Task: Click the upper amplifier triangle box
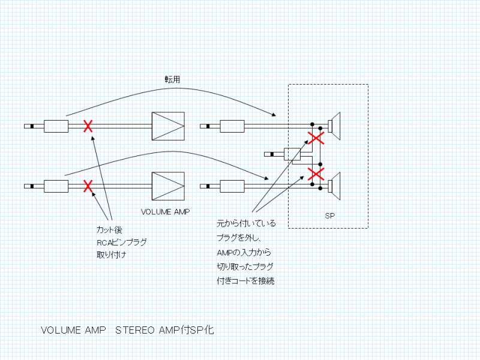click(x=168, y=126)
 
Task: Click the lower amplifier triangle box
click(x=168, y=186)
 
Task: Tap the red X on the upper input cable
click(x=88, y=126)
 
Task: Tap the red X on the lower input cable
click(x=88, y=186)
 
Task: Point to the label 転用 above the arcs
click(x=173, y=79)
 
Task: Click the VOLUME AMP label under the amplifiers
click(x=164, y=212)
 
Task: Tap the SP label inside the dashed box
click(x=329, y=215)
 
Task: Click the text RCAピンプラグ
click(x=122, y=242)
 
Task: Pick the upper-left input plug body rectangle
click(x=56, y=126)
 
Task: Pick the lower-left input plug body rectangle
click(x=56, y=186)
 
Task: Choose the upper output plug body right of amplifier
click(x=233, y=126)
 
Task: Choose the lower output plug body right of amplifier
click(x=233, y=186)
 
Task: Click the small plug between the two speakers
click(x=292, y=154)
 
